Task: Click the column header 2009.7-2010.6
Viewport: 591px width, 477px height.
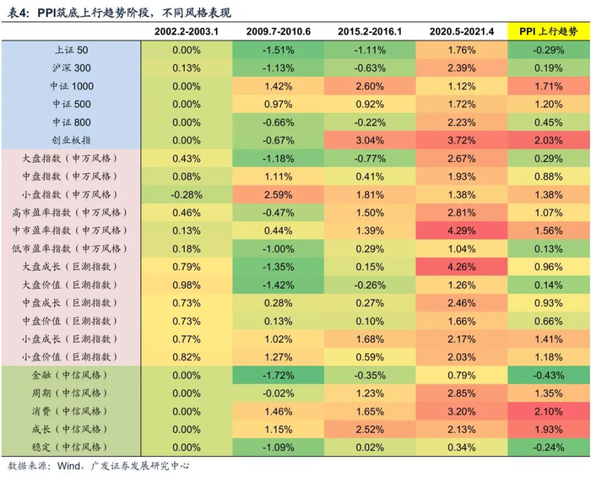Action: (279, 31)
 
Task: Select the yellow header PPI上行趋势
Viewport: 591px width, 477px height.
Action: (549, 31)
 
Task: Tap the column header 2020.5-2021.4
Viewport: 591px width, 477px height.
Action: (461, 31)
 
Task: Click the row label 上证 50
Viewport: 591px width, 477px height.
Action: (71, 50)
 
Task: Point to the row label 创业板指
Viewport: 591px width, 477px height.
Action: (71, 140)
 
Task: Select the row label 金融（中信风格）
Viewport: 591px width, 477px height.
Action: (71, 375)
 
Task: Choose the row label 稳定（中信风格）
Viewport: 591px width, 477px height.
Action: (71, 447)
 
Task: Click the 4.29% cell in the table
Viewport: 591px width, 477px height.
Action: (461, 230)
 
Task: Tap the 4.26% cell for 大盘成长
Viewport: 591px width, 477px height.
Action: (461, 267)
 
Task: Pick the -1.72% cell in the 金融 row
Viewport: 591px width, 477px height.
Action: (279, 375)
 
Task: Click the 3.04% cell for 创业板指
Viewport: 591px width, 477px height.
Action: (370, 140)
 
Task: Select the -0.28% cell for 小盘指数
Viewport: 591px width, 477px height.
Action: (186, 194)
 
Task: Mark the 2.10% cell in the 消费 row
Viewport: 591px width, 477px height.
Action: (549, 411)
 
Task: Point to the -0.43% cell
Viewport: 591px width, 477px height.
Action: (549, 375)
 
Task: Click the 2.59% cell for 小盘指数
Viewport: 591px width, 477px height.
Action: (279, 194)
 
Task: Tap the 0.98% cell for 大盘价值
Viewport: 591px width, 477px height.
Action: (186, 285)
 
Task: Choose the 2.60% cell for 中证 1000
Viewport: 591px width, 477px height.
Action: (370, 86)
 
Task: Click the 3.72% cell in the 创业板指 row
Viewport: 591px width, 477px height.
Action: (461, 140)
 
